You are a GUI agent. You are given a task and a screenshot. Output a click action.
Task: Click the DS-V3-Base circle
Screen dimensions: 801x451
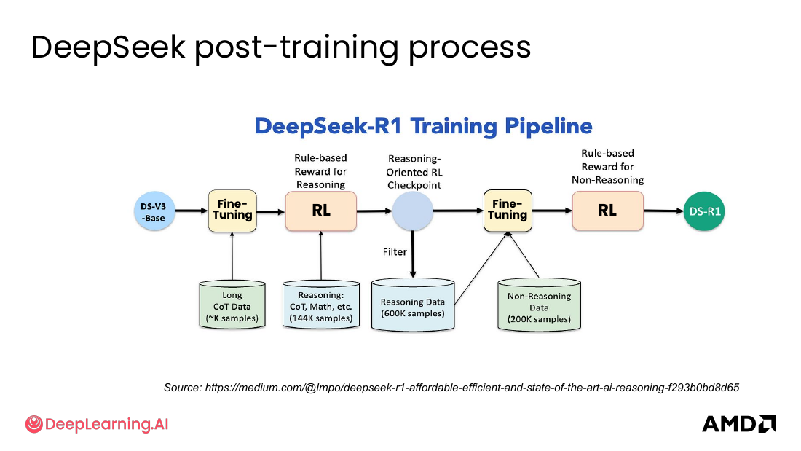tap(154, 211)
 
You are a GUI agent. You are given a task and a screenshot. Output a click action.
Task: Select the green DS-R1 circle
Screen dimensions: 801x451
tap(704, 211)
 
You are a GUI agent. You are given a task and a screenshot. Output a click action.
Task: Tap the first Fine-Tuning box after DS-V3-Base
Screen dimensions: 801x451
tap(232, 211)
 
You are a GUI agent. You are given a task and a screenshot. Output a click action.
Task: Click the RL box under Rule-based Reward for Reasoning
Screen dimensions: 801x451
tap(321, 211)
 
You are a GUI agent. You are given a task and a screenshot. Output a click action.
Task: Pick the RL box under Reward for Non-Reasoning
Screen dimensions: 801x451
tap(607, 211)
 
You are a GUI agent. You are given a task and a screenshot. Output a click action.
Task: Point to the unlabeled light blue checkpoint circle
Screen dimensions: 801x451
tap(413, 211)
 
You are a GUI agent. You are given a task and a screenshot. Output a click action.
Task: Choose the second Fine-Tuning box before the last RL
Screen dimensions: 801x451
tap(508, 211)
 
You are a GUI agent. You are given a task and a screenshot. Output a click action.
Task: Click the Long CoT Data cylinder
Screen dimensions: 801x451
tap(232, 305)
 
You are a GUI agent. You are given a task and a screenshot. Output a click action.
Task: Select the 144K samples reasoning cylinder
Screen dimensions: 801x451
tap(321, 305)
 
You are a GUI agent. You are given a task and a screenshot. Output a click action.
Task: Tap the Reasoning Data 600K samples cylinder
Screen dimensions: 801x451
tap(413, 305)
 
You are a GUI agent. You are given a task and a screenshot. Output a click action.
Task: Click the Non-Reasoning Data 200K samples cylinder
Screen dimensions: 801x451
tap(539, 305)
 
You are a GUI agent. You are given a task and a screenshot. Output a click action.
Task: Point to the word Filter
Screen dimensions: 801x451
tap(395, 252)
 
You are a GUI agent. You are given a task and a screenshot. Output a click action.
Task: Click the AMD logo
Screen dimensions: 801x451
tap(738, 424)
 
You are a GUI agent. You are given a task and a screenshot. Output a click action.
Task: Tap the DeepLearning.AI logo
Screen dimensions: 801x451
tap(97, 424)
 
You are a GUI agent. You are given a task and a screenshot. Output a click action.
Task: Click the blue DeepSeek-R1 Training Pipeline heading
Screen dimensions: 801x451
tap(424, 126)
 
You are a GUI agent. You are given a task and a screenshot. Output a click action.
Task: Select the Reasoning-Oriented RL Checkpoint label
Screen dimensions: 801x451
tap(414, 173)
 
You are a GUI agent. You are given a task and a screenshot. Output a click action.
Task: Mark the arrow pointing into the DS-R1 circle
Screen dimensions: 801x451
tap(663, 211)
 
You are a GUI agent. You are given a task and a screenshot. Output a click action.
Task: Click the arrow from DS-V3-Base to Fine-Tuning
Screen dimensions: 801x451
tap(192, 211)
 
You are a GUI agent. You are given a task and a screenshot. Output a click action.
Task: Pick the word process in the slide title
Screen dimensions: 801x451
tap(470, 48)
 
